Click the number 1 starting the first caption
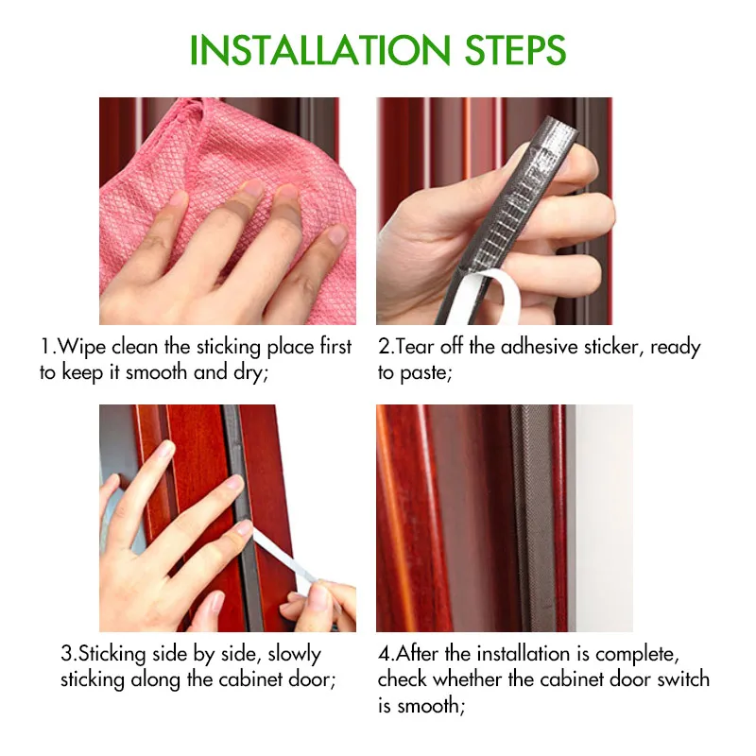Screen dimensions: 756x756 click(45, 347)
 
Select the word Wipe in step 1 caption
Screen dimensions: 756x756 click(80, 347)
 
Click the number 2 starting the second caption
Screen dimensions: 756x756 click(384, 347)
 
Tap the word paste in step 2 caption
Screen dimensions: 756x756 click(427, 372)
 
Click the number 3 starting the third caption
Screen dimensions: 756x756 click(67, 654)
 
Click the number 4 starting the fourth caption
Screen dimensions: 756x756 click(384, 654)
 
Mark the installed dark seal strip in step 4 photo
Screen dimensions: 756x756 click(532, 520)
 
